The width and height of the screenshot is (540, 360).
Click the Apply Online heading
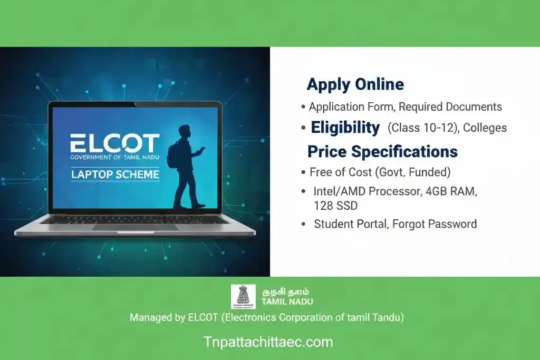tap(355, 84)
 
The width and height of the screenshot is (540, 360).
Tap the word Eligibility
tap(345, 128)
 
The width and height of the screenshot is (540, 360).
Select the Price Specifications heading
tap(382, 152)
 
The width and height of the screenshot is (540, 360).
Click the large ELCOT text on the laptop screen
tap(115, 143)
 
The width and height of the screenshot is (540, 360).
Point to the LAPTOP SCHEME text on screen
tap(115, 174)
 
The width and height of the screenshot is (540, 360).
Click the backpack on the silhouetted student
tap(173, 154)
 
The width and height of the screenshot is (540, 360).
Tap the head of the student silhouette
tap(185, 131)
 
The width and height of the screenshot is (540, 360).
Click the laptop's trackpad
tap(135, 227)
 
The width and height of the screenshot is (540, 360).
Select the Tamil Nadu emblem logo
tap(243, 296)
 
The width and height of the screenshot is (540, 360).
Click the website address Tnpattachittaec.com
tap(268, 342)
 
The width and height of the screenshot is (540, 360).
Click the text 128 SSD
tap(335, 205)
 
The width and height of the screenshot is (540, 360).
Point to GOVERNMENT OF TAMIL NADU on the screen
tap(115, 157)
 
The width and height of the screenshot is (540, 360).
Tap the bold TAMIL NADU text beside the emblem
tap(287, 301)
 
